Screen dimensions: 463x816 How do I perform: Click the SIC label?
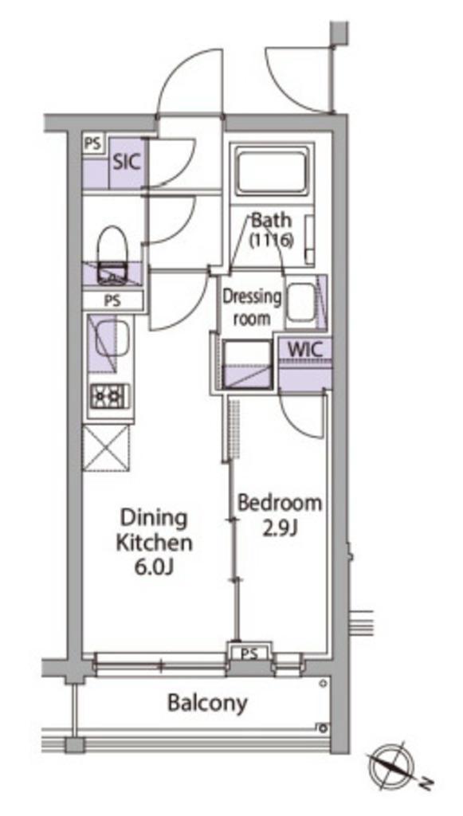(127, 162)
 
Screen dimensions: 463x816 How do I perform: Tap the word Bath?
(271, 220)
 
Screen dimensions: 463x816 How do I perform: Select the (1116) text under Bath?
(271, 240)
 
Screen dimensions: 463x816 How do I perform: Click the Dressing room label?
(252, 308)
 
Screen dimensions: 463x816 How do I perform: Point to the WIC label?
(305, 349)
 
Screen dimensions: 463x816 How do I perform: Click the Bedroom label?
(280, 504)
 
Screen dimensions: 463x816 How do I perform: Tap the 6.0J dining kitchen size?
(154, 567)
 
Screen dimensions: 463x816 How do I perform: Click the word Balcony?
(207, 703)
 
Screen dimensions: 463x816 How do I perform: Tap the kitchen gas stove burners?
(110, 398)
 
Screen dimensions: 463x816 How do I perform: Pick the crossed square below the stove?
(106, 448)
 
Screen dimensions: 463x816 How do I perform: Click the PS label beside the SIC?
(94, 144)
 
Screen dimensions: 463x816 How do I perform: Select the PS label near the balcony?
(250, 653)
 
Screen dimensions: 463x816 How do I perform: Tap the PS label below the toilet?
(113, 300)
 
